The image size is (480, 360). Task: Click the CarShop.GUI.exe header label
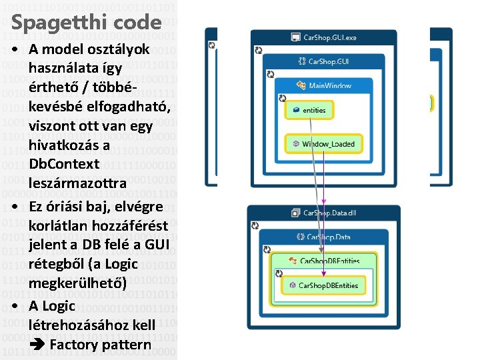(x=329, y=38)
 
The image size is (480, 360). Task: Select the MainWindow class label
(x=329, y=86)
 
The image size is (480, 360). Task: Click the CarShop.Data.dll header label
(x=329, y=213)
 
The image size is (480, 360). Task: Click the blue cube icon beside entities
(x=297, y=110)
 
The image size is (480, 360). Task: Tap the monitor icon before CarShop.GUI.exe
(x=295, y=38)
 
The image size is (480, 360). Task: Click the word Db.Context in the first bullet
(x=64, y=164)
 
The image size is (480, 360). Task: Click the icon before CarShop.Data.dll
(x=295, y=213)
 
